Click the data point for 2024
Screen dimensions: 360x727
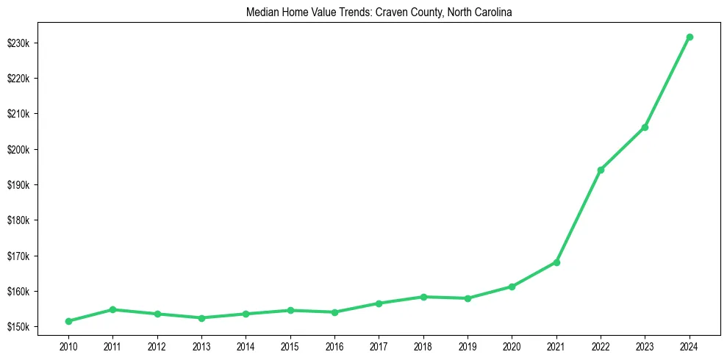[x=689, y=37]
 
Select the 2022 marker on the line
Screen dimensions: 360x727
[x=601, y=170]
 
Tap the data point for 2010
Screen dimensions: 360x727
[x=68, y=321]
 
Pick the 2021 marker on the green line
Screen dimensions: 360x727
[x=556, y=262]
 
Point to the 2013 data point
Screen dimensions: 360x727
[x=201, y=318]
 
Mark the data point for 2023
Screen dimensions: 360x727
[x=645, y=127]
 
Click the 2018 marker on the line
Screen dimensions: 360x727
[x=423, y=297]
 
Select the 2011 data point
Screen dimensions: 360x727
[x=112, y=309]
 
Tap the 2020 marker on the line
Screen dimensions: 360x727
[x=512, y=287]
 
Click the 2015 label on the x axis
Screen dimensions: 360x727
[x=290, y=346]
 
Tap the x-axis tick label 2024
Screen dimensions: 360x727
[x=689, y=346]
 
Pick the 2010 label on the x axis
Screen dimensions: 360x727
[x=68, y=346]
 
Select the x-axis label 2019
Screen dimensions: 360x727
[x=468, y=346]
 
